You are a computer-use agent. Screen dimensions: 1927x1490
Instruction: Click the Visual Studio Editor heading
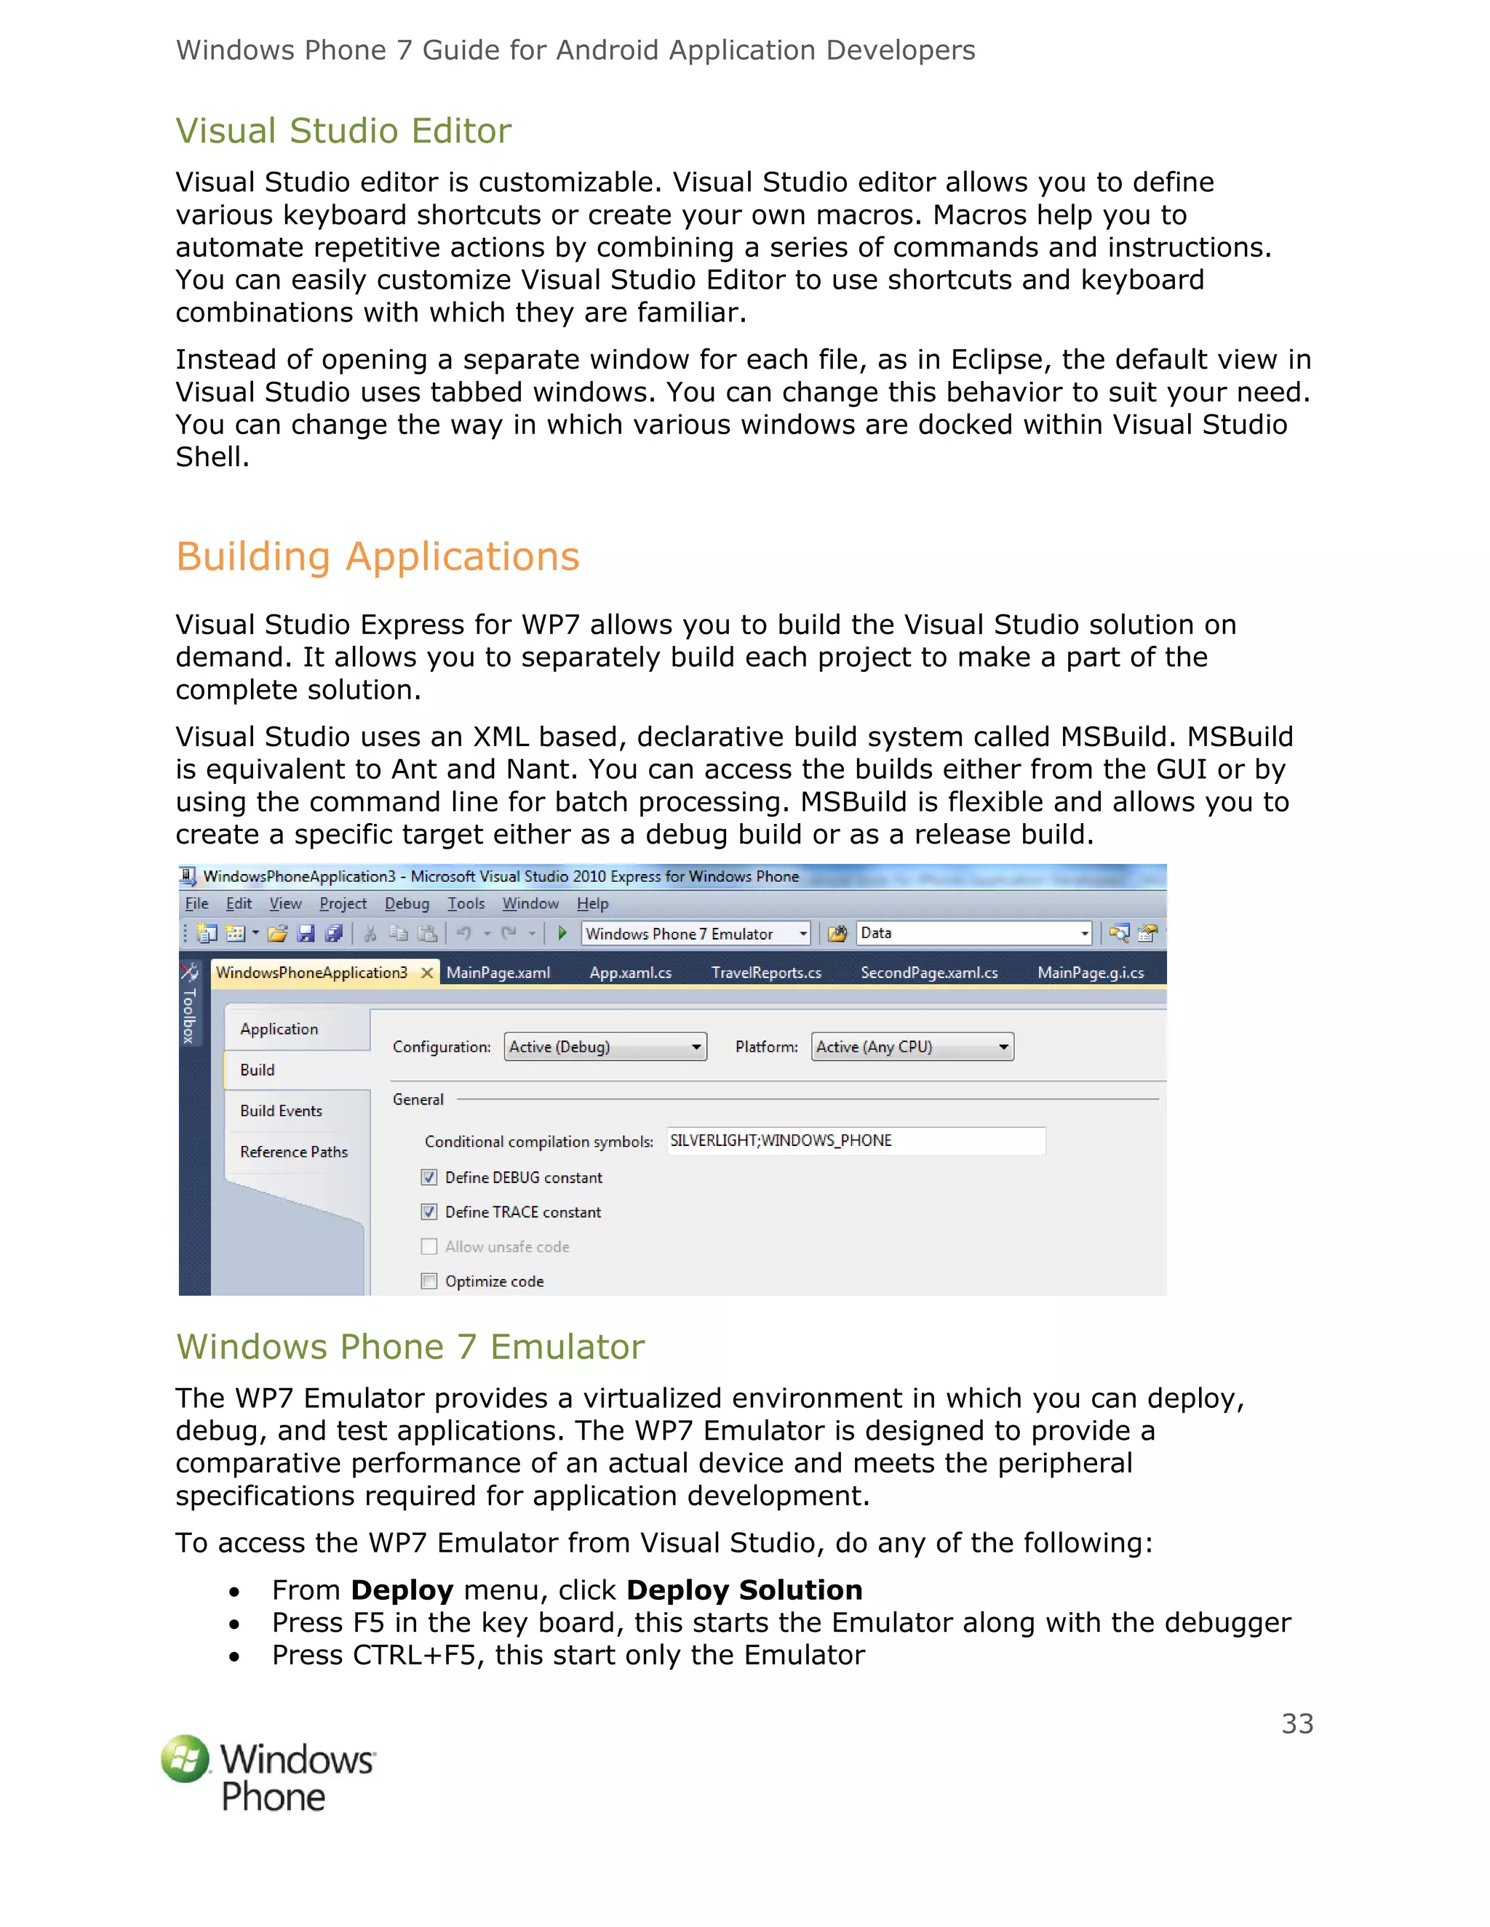pyautogui.click(x=343, y=131)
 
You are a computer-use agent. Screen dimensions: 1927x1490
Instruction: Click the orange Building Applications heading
pyautogui.click(x=377, y=557)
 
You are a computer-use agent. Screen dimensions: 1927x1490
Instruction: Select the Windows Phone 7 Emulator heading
pyautogui.click(x=410, y=1347)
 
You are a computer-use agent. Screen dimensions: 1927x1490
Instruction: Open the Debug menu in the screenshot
pyautogui.click(x=406, y=903)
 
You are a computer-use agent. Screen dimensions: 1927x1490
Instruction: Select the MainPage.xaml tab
pyautogui.click(x=498, y=972)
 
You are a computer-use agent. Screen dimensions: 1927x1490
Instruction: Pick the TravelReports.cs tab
pyautogui.click(x=765, y=972)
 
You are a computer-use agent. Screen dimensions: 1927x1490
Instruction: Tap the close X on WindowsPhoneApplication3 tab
pyautogui.click(x=427, y=972)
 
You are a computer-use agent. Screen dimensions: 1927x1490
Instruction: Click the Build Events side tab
pyautogui.click(x=281, y=1111)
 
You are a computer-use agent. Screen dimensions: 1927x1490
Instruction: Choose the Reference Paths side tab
pyautogui.click(x=293, y=1151)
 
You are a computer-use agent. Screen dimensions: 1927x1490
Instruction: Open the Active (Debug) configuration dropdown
pyautogui.click(x=605, y=1046)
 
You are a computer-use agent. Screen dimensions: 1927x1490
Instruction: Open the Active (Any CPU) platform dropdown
pyautogui.click(x=912, y=1046)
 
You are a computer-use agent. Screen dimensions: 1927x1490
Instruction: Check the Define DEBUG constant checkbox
pyautogui.click(x=429, y=1177)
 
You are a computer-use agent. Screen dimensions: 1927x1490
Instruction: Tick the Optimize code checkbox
pyautogui.click(x=429, y=1281)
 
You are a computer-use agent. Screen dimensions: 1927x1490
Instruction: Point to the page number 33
pyautogui.click(x=1296, y=1723)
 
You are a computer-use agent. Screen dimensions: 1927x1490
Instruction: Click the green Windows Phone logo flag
pyautogui.click(x=186, y=1758)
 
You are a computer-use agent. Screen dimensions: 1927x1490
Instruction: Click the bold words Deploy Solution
pyautogui.click(x=744, y=1590)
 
